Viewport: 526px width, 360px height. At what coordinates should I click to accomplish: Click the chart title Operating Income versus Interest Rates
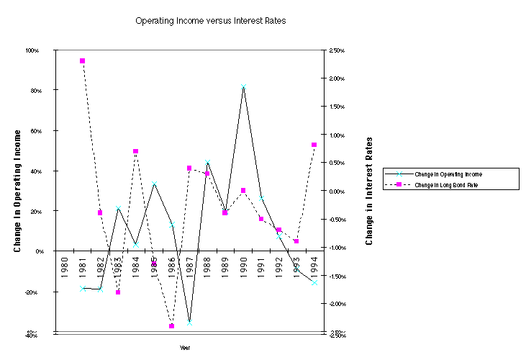(211, 21)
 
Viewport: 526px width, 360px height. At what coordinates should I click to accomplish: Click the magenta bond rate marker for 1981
(83, 61)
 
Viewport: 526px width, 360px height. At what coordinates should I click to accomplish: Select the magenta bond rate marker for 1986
(172, 326)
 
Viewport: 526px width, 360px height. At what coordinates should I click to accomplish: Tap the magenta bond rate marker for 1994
(314, 145)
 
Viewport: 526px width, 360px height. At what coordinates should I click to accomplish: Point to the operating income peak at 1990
(243, 87)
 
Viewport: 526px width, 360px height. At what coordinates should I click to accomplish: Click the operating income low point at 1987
(190, 322)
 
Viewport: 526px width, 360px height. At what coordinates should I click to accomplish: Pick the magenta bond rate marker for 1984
(136, 152)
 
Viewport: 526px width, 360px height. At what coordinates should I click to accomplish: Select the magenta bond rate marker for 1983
(118, 292)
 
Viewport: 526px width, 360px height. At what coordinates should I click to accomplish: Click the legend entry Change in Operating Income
(443, 174)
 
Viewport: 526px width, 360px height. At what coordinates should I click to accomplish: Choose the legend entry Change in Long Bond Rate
(442, 185)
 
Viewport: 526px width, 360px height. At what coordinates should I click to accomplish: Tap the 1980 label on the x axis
(65, 265)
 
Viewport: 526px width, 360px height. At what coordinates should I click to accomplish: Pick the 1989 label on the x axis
(225, 265)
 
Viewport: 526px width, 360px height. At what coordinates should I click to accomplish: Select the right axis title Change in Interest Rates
(370, 191)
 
